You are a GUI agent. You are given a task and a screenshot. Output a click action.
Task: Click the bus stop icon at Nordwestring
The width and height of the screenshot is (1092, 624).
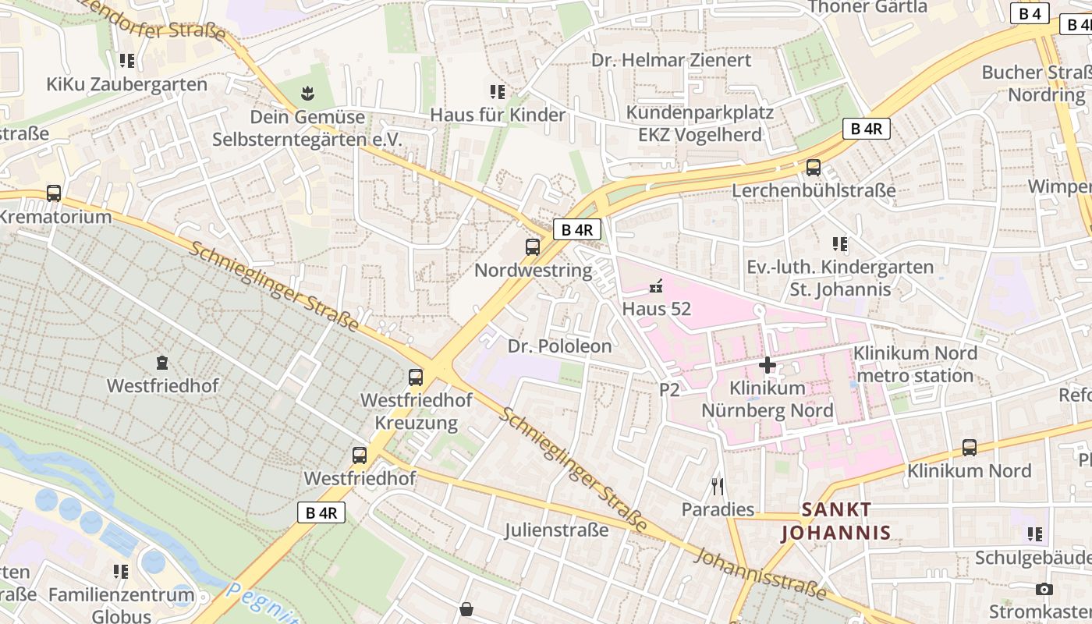coord(533,247)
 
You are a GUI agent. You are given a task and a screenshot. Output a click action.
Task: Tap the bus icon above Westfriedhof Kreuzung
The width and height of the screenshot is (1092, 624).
coord(416,378)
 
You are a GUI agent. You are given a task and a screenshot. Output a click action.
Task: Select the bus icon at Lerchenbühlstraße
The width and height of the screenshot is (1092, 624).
coord(814,168)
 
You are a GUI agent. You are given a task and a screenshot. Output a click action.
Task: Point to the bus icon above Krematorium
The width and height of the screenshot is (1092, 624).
coord(54,193)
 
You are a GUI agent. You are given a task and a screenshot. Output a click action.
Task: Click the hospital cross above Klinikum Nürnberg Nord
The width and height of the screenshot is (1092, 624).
coord(768,364)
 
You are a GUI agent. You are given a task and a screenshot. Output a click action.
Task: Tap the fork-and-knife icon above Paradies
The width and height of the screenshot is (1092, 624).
coord(718,487)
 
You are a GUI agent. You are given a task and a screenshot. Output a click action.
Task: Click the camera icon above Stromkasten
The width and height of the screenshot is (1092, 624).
coord(1044,589)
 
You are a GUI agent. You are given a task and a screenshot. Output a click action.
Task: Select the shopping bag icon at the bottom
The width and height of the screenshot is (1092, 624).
coord(466,608)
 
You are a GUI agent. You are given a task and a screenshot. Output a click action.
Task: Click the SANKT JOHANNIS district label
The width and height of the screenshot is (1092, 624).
coord(836,521)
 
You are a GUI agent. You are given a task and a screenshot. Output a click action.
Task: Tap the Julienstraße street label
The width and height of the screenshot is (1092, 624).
coord(556,530)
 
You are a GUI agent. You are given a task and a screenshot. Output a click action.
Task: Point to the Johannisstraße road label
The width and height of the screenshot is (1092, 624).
coord(760,573)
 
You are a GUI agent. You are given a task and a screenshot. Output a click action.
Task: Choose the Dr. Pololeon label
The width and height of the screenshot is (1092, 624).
coord(560,346)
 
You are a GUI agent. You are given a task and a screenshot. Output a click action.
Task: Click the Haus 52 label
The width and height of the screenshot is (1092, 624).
coord(657,309)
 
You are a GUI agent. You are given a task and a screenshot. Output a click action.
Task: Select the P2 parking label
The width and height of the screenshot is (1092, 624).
coord(670,389)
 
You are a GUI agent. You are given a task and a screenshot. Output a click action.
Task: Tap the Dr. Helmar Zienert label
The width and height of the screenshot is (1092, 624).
coord(671,60)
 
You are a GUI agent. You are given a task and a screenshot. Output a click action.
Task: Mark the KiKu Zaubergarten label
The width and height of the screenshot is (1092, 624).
coord(127,84)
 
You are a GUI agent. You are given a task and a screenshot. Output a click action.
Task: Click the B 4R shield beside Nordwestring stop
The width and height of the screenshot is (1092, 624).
coord(578,229)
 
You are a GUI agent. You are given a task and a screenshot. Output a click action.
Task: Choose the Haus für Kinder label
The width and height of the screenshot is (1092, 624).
coord(498,115)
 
